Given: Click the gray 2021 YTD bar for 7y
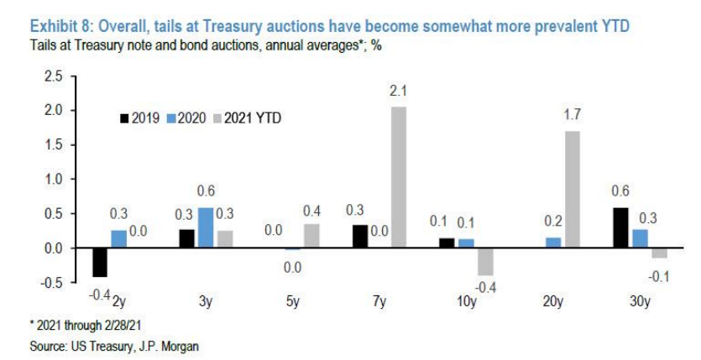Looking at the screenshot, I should pyautogui.click(x=398, y=177).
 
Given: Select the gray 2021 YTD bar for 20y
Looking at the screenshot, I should pyautogui.click(x=572, y=189).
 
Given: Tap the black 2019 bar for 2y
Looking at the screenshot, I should pyautogui.click(x=101, y=262).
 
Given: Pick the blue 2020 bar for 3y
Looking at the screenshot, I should pyautogui.click(x=206, y=227).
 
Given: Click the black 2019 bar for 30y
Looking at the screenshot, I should pyautogui.click(x=622, y=227).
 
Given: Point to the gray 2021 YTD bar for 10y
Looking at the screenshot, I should pyautogui.click(x=485, y=262).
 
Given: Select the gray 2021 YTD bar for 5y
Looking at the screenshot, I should pyautogui.click(x=311, y=236).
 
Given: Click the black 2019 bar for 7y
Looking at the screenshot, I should pyautogui.click(x=360, y=237).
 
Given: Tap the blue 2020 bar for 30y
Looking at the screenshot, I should pyautogui.click(x=640, y=238).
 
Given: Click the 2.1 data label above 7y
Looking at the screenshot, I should pyautogui.click(x=398, y=90).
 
